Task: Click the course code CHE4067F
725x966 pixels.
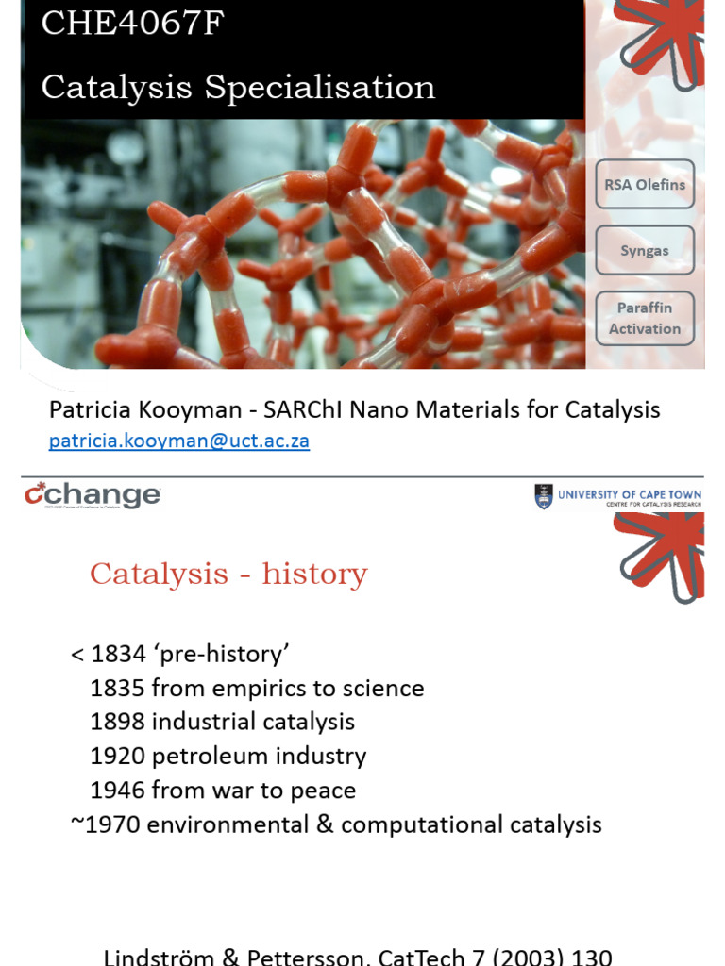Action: tap(132, 24)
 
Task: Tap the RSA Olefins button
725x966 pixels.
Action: tap(645, 185)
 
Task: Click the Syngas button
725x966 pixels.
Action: tap(645, 251)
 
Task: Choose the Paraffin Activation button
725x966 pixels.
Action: tap(645, 319)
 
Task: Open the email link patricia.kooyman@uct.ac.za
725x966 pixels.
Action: tap(179, 441)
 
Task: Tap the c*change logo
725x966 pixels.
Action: tap(92, 496)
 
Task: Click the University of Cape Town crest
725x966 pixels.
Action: tap(543, 496)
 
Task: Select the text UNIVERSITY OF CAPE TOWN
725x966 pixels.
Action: tap(630, 494)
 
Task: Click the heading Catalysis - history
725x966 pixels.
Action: tap(228, 574)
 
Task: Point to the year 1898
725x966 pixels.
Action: tap(118, 723)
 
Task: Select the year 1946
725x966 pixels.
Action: tap(118, 791)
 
